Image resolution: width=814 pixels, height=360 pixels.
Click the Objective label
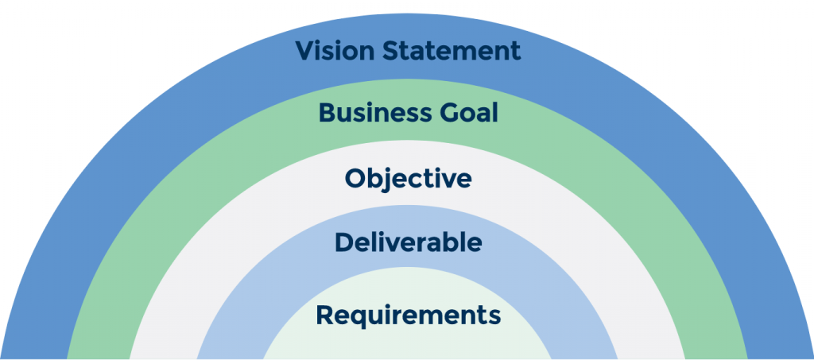408,178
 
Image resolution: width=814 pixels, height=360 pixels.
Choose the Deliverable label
408,242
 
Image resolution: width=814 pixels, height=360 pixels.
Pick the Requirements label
408,315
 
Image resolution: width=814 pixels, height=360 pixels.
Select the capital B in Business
327,113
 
